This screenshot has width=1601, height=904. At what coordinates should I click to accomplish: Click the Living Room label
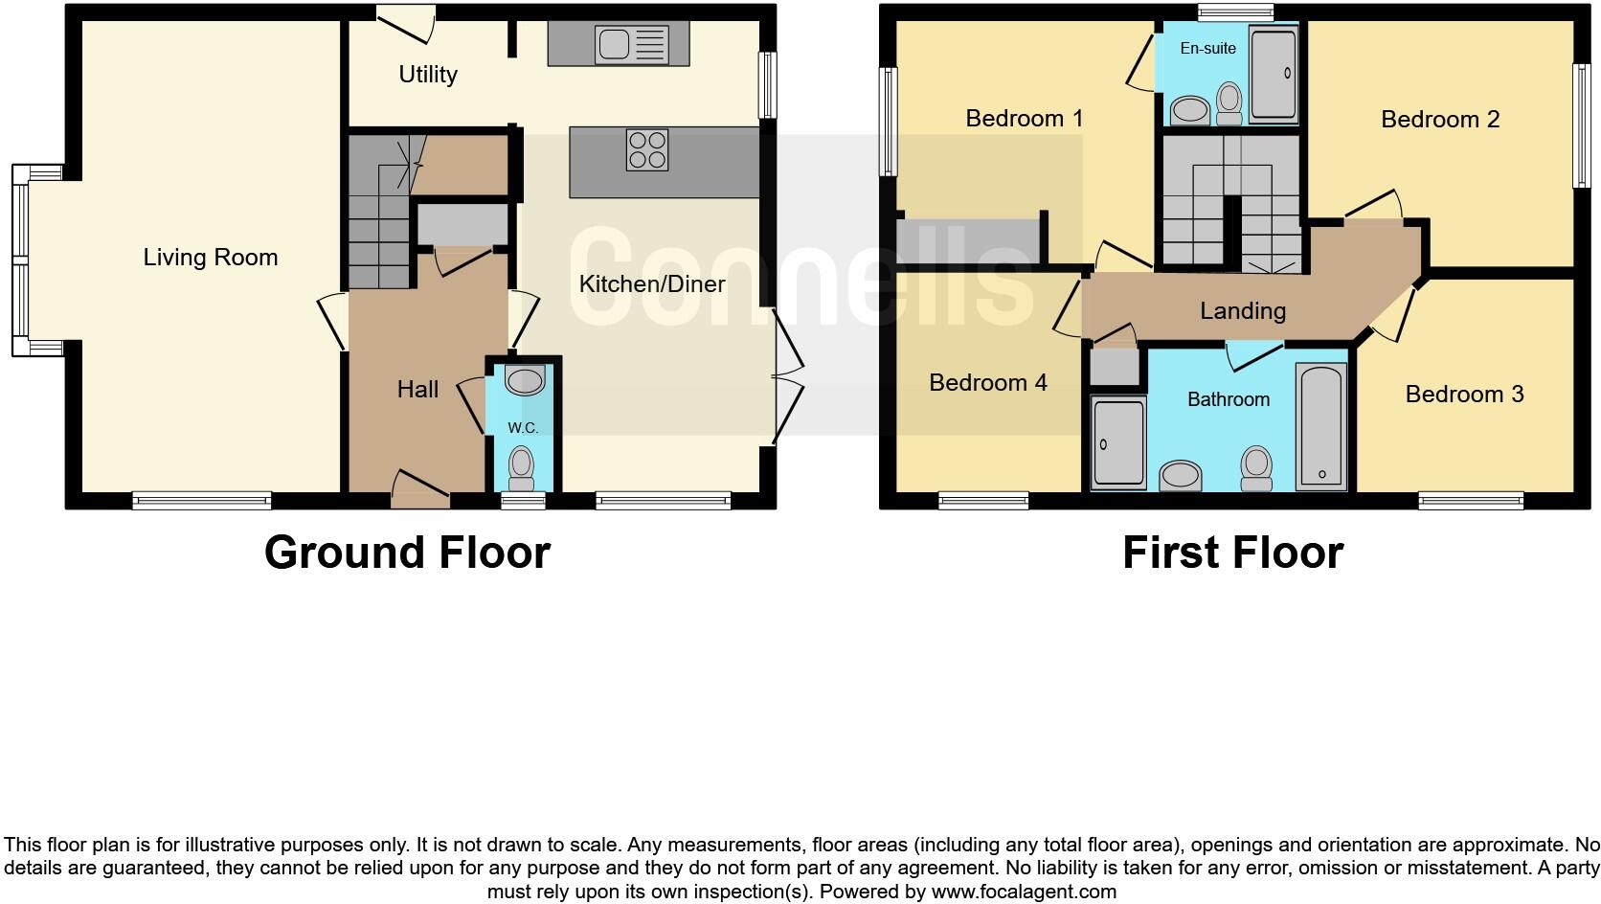(211, 257)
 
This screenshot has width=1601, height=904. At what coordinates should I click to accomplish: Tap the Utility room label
(428, 74)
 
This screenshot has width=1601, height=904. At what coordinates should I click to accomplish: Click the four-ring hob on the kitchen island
(647, 150)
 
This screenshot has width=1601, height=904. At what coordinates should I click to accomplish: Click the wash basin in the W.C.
(525, 380)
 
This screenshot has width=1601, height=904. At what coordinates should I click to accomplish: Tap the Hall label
(417, 389)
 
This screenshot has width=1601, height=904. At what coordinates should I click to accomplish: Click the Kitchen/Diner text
(652, 283)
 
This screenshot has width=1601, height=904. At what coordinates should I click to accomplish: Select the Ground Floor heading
(407, 553)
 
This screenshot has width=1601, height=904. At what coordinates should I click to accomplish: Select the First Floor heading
(1232, 553)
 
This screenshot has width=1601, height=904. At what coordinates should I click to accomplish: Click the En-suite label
(1207, 48)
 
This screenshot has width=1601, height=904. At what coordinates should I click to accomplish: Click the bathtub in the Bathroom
(1322, 427)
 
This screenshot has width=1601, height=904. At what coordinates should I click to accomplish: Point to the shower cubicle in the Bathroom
(1118, 442)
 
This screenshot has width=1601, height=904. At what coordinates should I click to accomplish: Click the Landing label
(1242, 310)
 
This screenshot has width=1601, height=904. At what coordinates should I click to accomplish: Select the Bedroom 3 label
(1464, 394)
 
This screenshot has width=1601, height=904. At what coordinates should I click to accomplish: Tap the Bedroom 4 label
(987, 382)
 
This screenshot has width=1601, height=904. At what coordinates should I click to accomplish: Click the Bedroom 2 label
(1439, 119)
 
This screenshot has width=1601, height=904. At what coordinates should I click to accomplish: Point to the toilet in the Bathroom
(1255, 468)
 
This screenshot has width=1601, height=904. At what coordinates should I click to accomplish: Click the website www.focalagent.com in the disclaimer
(1024, 892)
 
